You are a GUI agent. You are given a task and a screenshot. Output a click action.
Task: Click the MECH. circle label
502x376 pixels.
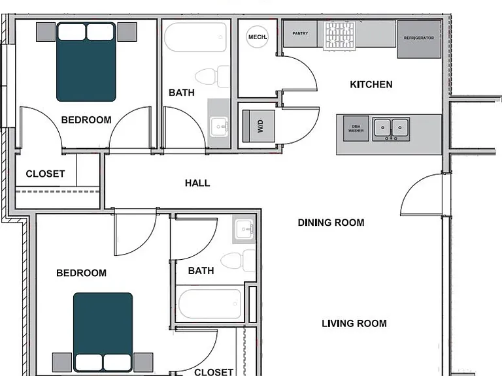[x=257, y=37]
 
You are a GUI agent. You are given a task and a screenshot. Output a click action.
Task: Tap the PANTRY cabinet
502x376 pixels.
[x=300, y=33]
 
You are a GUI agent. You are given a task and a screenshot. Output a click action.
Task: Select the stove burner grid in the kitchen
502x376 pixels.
[x=339, y=36]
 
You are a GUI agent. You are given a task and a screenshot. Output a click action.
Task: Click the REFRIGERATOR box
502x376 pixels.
[x=419, y=39]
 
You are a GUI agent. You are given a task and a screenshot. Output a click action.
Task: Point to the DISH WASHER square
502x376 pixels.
[x=356, y=128]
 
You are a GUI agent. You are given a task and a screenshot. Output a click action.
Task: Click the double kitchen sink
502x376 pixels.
[x=391, y=129]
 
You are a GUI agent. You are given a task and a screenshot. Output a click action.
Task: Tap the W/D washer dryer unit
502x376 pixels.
[x=259, y=126]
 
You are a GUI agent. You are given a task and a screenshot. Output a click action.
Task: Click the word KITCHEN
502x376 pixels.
[x=371, y=84]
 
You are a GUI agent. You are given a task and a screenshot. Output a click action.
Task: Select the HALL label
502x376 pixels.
[x=197, y=183]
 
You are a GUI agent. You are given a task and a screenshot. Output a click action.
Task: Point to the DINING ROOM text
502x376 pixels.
[x=331, y=223]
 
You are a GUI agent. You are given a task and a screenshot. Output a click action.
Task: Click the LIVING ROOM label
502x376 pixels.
[x=354, y=323]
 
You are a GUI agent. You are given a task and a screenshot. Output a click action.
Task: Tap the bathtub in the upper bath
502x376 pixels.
[x=195, y=37]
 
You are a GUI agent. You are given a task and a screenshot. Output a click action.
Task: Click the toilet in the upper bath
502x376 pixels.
[x=212, y=76]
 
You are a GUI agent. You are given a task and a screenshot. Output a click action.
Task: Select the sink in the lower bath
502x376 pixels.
[x=244, y=229]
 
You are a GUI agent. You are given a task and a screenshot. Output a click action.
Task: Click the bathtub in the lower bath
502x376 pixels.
[x=210, y=304]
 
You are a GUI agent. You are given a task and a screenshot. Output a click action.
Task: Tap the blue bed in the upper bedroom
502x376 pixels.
[x=86, y=62]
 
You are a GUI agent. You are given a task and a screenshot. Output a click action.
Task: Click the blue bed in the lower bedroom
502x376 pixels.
[x=103, y=332]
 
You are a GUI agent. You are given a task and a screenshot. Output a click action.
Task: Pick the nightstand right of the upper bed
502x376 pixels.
[x=127, y=31]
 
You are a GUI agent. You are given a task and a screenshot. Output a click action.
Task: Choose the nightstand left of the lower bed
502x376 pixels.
[x=62, y=362]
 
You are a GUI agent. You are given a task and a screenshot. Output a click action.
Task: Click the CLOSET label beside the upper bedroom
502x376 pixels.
[x=46, y=174]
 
